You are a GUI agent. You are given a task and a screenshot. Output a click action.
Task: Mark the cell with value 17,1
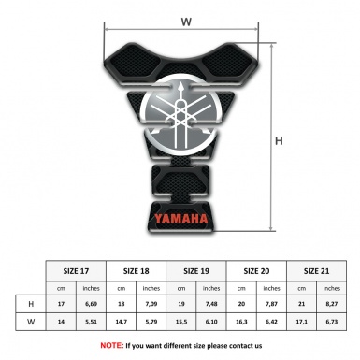tap(302, 324)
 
